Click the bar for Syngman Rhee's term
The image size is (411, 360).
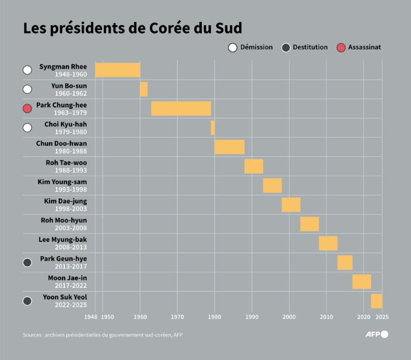coord(118,70)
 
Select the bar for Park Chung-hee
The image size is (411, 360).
coord(181,109)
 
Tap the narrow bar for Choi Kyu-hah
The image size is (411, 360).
coord(212,128)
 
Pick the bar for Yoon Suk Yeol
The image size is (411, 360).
coord(376,301)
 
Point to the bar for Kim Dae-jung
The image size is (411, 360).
coord(291,205)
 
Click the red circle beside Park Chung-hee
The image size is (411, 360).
coord(28,109)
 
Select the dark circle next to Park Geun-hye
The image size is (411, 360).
coord(28,262)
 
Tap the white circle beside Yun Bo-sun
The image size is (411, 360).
coord(28,89)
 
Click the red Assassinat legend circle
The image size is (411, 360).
coord(341,48)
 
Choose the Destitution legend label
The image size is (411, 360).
coord(310,47)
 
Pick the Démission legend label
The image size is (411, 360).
coord(256,47)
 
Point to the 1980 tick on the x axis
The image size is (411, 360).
coord(215,317)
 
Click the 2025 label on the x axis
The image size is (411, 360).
coord(382,317)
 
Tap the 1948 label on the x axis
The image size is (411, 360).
coord(91,317)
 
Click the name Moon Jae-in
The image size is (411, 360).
coord(67,278)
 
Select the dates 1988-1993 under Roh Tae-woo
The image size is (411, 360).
coord(71,171)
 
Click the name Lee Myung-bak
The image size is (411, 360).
coord(63,240)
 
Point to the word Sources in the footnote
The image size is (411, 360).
coord(33,335)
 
